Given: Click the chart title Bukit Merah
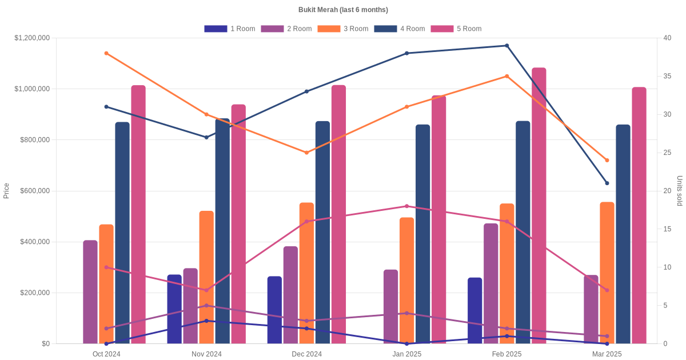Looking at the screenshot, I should point(343,10).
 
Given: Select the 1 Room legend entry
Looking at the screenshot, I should point(229,29).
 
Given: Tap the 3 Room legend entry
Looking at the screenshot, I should point(342,29).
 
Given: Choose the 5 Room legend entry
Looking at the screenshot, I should point(456,29).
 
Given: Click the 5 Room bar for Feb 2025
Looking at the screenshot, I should point(539,206).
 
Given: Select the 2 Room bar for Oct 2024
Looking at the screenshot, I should point(90,292).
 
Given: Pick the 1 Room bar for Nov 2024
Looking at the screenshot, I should point(174,309).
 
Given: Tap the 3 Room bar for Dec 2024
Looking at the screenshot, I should point(307,273).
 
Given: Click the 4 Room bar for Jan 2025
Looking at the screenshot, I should point(423,234).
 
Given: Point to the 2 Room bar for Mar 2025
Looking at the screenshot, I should point(591,309).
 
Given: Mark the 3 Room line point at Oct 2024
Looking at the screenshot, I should point(106,53).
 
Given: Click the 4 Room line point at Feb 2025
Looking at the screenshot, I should point(506,46).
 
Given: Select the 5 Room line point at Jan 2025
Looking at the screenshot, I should point(407,206).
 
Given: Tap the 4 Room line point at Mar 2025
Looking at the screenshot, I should point(607,183).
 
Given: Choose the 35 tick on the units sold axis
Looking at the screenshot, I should point(668,76).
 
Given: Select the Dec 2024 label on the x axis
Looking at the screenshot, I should point(306,354).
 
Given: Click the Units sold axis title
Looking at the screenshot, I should point(680,191).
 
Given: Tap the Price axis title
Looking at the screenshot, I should point(6,191).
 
